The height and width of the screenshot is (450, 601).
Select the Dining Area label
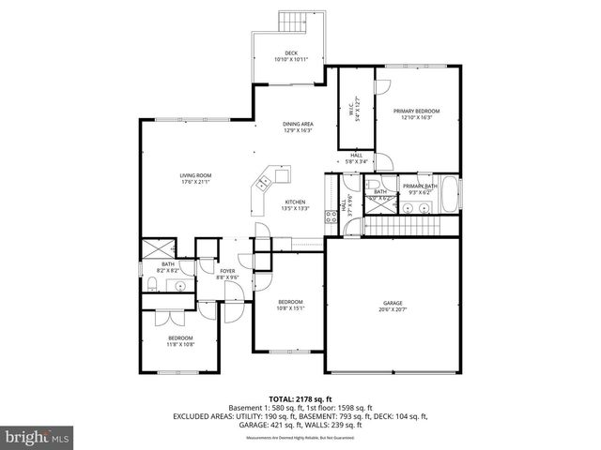[x=298, y=127]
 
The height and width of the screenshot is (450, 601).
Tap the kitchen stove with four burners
[x=331, y=217]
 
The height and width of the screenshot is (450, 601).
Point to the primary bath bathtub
[x=451, y=195]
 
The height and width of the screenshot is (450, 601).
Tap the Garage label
[x=393, y=306]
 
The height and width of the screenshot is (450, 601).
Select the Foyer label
[x=227, y=274]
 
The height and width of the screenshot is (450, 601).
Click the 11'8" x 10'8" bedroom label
[x=180, y=340]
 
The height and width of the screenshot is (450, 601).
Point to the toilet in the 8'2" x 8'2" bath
[x=152, y=286]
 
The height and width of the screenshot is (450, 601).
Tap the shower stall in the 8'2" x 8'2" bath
[x=155, y=251]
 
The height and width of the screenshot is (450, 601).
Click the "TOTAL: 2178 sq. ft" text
[x=300, y=398]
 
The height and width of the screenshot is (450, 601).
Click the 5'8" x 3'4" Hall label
[x=357, y=158]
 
